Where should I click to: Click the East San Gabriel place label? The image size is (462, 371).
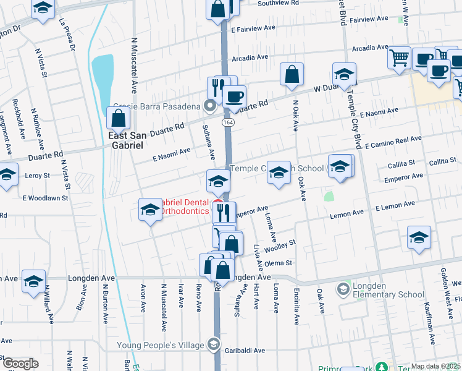125,140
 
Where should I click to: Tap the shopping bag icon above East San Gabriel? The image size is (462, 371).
118,117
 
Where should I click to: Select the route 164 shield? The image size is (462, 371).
229,123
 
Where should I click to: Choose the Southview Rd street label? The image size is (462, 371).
278,3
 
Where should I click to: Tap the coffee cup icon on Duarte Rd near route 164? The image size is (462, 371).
234,96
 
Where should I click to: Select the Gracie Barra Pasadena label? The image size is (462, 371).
157,106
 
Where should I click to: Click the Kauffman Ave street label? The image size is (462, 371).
428,318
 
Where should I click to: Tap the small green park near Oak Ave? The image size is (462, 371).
329,197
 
